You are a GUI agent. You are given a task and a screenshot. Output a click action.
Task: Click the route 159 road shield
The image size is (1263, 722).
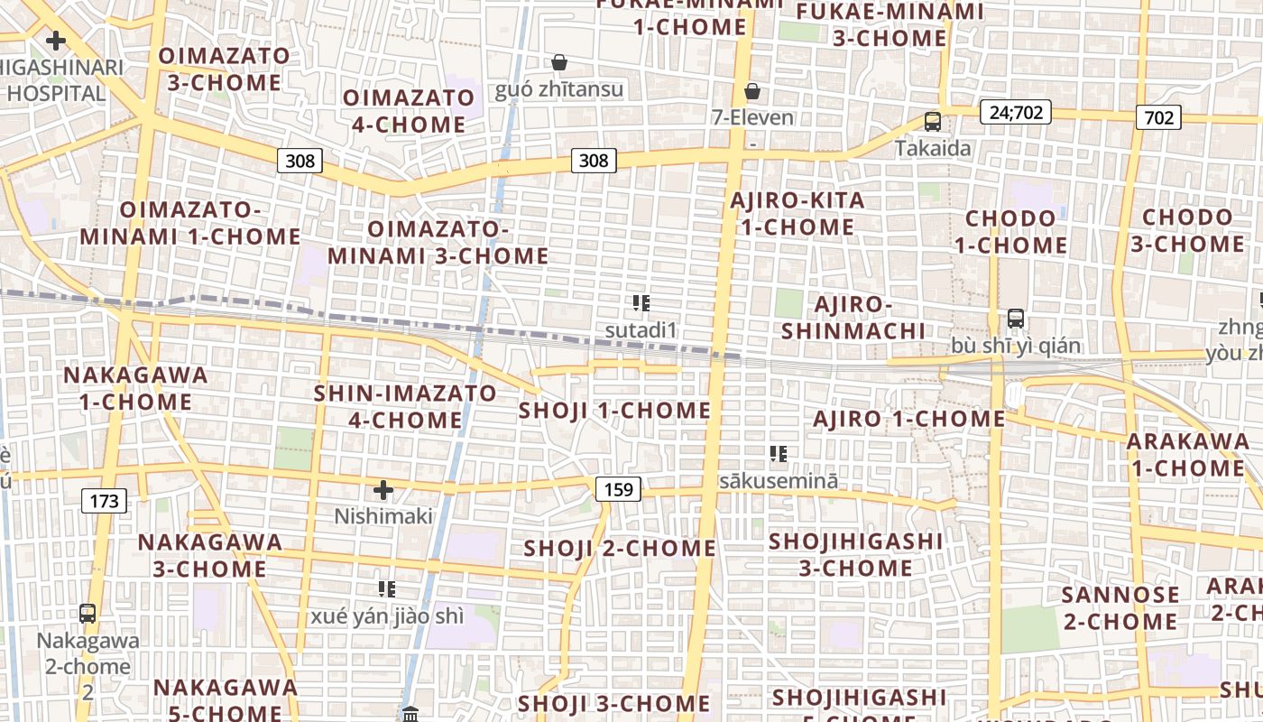point(618,489)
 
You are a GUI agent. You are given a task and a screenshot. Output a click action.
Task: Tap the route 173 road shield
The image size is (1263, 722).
point(104,501)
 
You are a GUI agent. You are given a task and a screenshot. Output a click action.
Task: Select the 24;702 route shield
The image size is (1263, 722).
point(1015,112)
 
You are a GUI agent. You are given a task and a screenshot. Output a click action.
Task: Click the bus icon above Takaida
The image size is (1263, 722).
point(933,122)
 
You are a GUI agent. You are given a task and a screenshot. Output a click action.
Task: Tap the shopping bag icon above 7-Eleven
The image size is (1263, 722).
point(751,91)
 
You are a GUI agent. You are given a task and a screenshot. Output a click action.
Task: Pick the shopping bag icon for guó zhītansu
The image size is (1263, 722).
point(559,62)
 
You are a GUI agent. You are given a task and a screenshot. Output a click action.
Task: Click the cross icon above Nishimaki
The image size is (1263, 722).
point(383,490)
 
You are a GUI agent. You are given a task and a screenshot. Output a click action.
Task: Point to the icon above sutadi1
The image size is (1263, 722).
point(641,303)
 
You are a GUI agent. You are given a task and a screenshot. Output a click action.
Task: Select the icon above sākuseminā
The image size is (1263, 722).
point(778,454)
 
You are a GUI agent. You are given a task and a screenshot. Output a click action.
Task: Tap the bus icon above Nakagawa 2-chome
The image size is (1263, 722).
point(88,614)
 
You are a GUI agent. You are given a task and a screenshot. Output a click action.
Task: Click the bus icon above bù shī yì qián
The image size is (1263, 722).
point(1016,319)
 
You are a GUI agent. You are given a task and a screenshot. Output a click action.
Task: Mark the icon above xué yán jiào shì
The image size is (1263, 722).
point(387,589)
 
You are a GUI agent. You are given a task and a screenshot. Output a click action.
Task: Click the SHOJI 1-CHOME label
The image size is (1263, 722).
point(614,411)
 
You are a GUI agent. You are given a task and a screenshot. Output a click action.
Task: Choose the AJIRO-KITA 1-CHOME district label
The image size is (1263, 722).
point(797,213)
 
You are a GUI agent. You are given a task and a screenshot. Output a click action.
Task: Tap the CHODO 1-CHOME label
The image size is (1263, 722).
point(1010,232)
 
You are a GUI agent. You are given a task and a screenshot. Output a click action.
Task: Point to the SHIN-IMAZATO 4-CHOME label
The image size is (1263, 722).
point(404,406)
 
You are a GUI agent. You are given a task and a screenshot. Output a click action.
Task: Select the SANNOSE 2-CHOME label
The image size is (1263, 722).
point(1120,608)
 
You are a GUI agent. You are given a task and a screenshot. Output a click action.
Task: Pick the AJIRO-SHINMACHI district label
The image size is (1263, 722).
point(853,318)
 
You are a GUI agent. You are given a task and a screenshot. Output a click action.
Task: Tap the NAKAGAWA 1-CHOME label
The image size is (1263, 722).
point(135,388)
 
